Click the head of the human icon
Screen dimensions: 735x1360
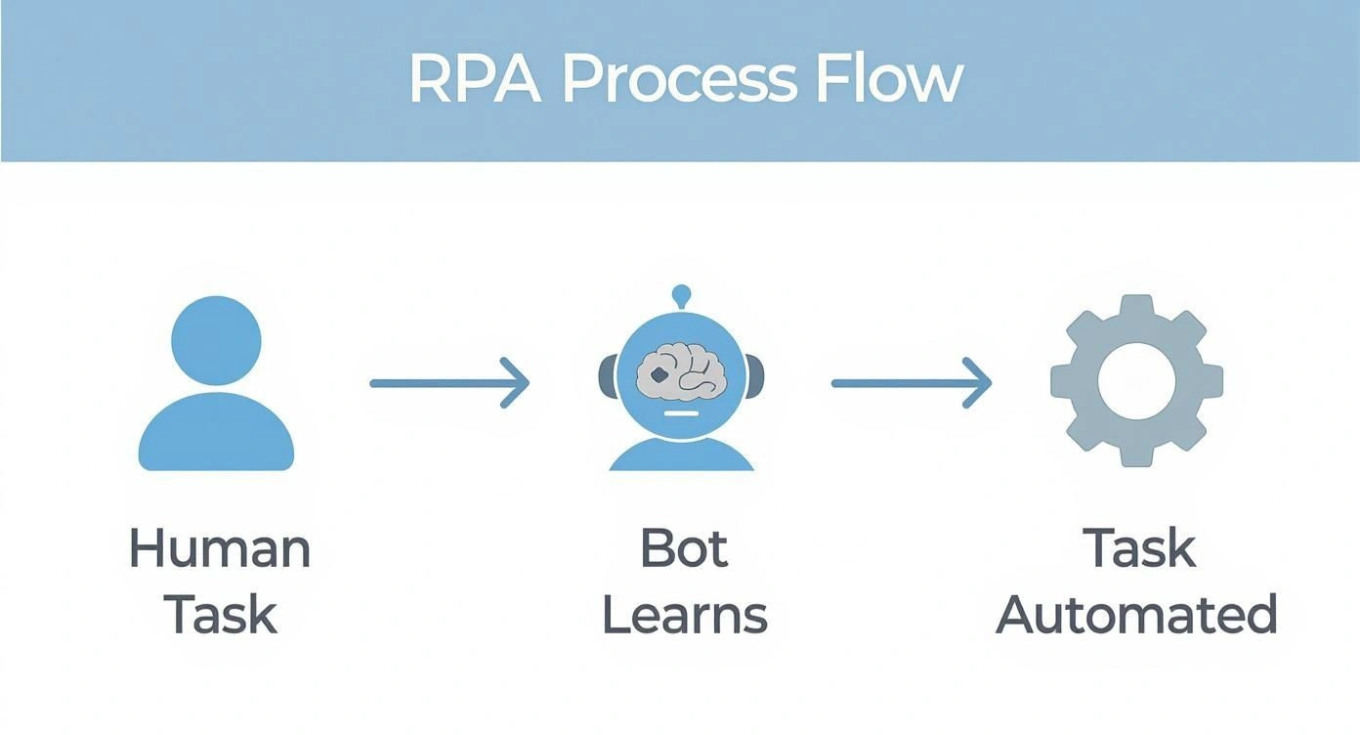[x=216, y=340]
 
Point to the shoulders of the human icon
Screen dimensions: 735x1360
[x=216, y=436]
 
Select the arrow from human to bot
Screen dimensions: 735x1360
[x=448, y=383]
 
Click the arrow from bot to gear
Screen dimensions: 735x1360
[x=911, y=383]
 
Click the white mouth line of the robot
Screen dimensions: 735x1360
[x=681, y=414]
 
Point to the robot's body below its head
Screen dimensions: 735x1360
[x=682, y=455]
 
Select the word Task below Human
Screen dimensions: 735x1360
[x=220, y=615]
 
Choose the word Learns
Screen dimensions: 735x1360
[x=684, y=615]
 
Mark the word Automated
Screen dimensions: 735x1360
[x=1136, y=615]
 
